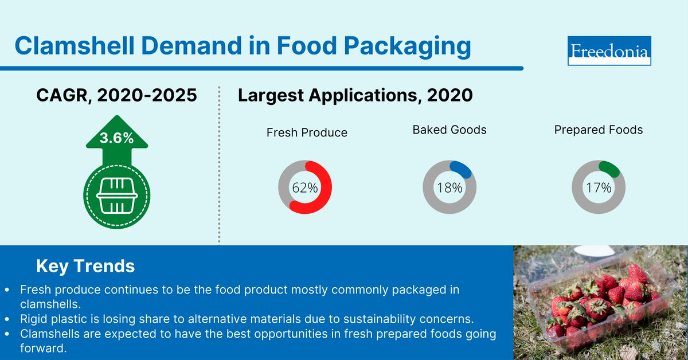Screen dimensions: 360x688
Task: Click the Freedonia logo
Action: click(609, 51)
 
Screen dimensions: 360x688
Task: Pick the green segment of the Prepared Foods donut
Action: click(609, 168)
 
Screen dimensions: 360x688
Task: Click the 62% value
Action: click(304, 188)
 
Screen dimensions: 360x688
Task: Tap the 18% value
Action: click(449, 188)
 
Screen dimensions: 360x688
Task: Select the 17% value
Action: click(599, 188)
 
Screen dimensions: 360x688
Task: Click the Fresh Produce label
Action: click(307, 132)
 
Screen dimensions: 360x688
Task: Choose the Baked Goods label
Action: click(449, 130)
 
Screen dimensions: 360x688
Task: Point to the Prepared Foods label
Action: click(599, 130)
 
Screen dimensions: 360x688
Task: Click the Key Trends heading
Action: click(85, 266)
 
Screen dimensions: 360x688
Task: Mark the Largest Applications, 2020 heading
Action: click(355, 95)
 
